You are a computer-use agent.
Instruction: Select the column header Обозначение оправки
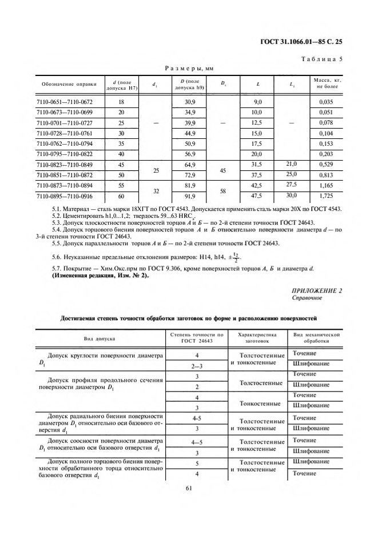click(64, 85)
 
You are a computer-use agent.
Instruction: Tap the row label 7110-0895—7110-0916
click(64, 195)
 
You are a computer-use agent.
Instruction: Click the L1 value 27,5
click(292, 185)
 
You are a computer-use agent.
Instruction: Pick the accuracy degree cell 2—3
click(197, 364)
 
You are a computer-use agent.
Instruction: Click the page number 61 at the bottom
click(189, 488)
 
